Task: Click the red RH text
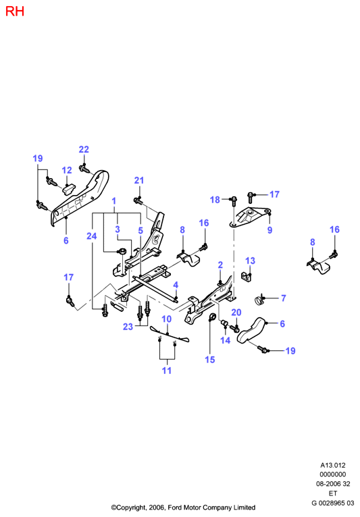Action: [15, 11]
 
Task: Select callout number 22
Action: [84, 149]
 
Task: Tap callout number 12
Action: [67, 170]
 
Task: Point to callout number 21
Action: [139, 180]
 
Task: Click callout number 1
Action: [114, 201]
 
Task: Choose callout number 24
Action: [92, 236]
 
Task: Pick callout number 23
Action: [128, 327]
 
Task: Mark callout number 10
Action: [167, 319]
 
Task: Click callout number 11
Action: [167, 371]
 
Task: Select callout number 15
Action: [210, 360]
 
